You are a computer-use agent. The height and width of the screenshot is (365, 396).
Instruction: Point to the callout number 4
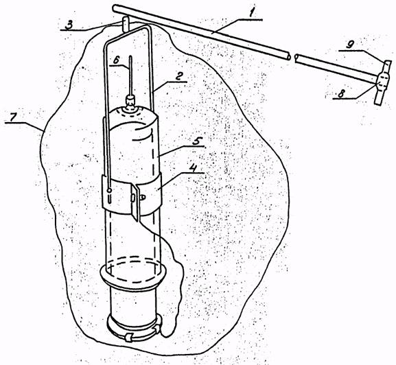tap(194, 168)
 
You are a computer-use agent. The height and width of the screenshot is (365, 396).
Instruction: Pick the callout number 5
tap(196, 141)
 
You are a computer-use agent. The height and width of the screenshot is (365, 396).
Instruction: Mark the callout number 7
tap(14, 117)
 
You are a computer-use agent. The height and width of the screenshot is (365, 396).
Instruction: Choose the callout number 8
tap(341, 94)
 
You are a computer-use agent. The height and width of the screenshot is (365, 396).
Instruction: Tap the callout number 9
tap(349, 45)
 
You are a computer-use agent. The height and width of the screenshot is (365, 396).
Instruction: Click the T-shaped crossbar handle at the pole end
tap(383, 82)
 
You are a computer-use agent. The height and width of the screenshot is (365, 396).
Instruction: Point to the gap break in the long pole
tap(292, 58)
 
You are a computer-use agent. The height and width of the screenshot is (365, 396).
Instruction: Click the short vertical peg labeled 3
tap(126, 24)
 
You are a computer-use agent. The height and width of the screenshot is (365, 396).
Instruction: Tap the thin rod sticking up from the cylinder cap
tap(130, 75)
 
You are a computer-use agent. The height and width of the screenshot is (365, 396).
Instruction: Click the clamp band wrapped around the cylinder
tap(131, 194)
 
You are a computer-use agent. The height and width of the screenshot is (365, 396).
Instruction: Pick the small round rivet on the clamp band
tap(109, 191)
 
